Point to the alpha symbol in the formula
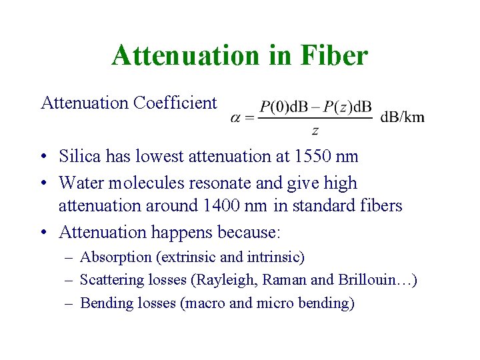235,117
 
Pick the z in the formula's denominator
315,131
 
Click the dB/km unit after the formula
402,117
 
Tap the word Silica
78,157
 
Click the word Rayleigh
212,280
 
